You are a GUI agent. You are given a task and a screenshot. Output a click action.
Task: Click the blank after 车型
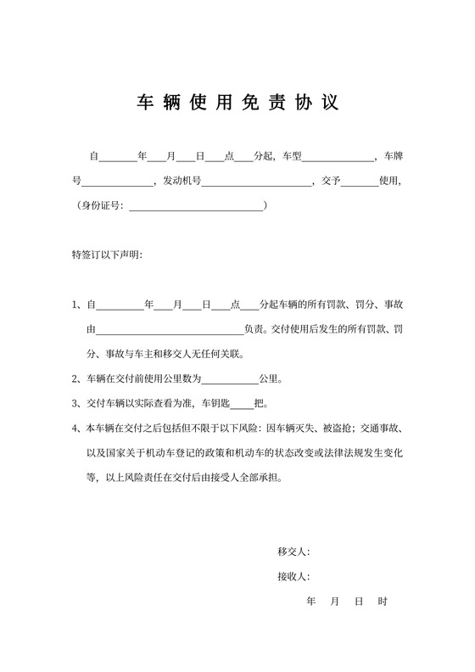click(x=337, y=157)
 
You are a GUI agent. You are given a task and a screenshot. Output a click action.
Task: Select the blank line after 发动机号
click(x=256, y=182)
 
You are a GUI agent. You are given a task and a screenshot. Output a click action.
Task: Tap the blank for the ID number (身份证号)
click(x=195, y=206)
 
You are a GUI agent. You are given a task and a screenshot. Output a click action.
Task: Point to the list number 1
click(x=76, y=305)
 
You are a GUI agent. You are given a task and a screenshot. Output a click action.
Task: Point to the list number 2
click(x=76, y=379)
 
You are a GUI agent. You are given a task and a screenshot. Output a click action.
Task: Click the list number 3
click(x=76, y=404)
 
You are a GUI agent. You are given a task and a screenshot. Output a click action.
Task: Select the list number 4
click(x=76, y=428)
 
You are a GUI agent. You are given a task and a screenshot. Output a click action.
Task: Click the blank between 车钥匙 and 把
click(x=242, y=404)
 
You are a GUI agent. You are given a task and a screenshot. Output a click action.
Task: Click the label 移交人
click(x=293, y=552)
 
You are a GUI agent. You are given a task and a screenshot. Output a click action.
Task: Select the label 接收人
click(x=293, y=577)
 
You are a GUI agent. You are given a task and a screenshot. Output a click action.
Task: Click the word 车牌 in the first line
click(x=393, y=157)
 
